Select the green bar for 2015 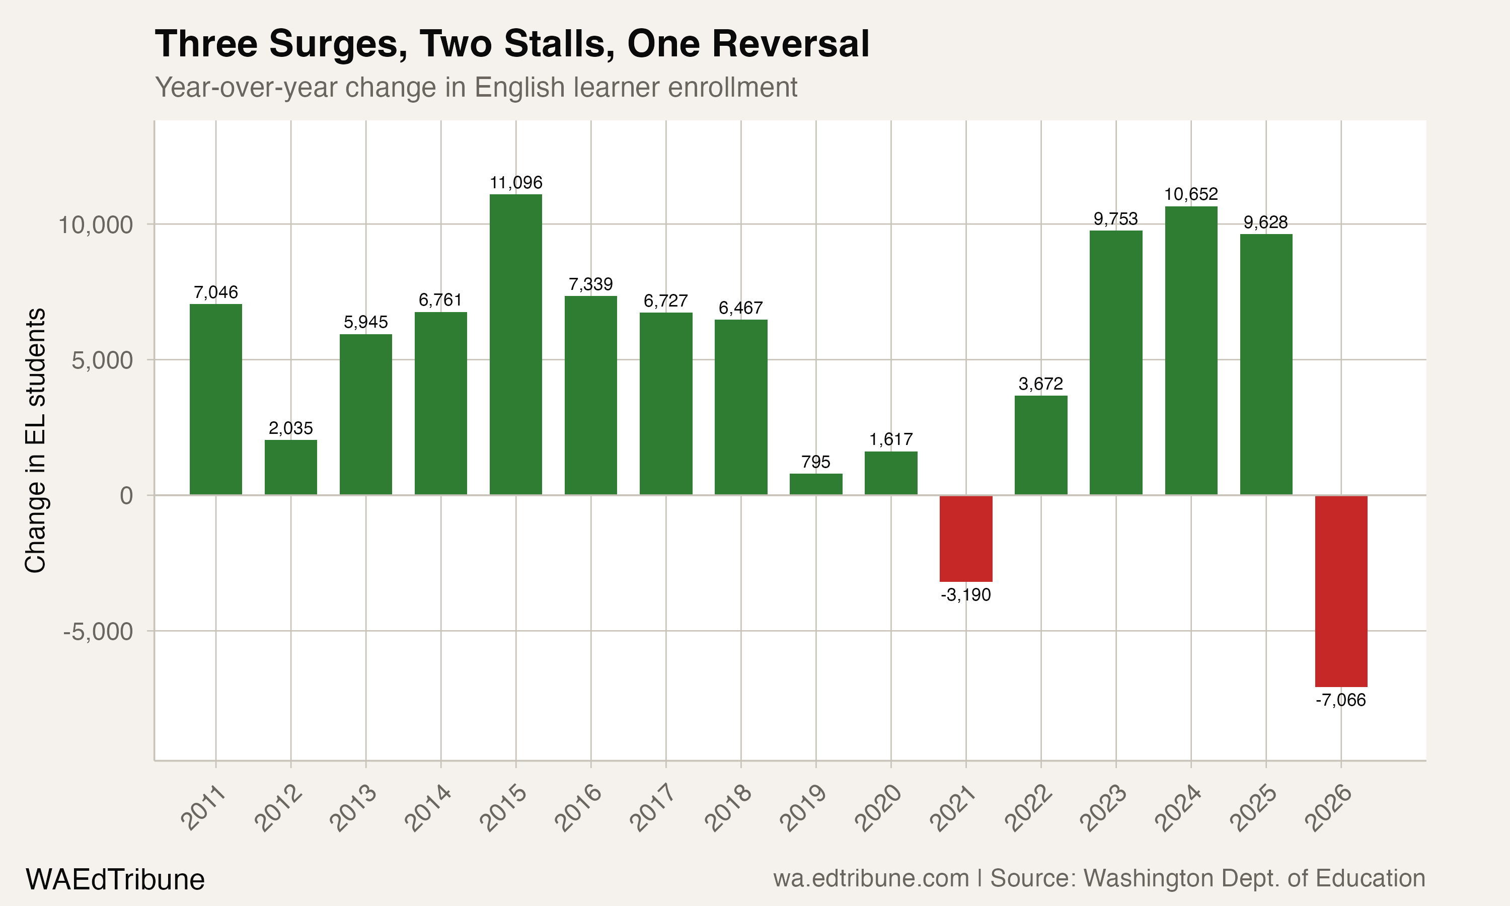(516, 344)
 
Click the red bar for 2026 (1341, 590)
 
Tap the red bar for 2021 (965, 538)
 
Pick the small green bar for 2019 (815, 484)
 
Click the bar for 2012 (290, 467)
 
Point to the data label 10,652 (1191, 194)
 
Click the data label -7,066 (1341, 700)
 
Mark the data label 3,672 (1041, 384)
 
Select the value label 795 (815, 462)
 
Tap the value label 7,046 (215, 292)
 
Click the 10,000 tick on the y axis (95, 224)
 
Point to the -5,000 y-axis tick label (98, 632)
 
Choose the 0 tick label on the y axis (126, 495)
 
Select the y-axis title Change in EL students (35, 440)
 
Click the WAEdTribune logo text (115, 880)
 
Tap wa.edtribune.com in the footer (871, 878)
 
